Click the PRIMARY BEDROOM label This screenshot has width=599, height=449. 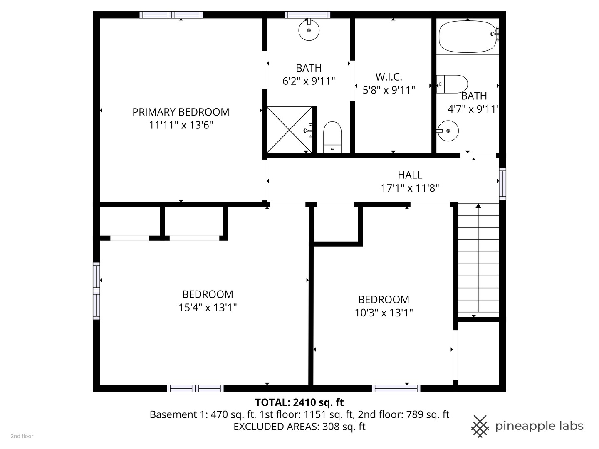[x=181, y=112]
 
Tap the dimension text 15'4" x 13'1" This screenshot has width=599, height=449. [x=208, y=308]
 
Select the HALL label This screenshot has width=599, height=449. [x=410, y=175]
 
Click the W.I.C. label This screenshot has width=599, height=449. [x=389, y=77]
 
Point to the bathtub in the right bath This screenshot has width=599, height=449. [x=468, y=37]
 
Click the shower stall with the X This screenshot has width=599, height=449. [x=289, y=129]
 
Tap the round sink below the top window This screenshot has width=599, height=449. [x=309, y=30]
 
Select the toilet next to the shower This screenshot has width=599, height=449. [x=332, y=137]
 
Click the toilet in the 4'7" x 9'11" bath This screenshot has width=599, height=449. [x=453, y=84]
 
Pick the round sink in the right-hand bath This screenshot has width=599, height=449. [x=448, y=131]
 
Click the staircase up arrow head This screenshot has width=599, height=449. [x=478, y=206]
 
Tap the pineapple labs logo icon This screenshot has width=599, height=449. [x=480, y=426]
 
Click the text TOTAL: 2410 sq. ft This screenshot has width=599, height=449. [x=299, y=402]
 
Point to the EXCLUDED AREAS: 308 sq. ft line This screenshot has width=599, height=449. [x=299, y=427]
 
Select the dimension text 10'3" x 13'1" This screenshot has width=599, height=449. [x=384, y=313]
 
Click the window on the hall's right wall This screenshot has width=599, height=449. [x=502, y=183]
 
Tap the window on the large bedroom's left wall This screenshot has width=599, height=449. [x=96, y=291]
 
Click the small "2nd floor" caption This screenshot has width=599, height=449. [x=22, y=436]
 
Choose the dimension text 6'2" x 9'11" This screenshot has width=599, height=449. [x=309, y=81]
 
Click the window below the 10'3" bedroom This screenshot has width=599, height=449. [x=396, y=388]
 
